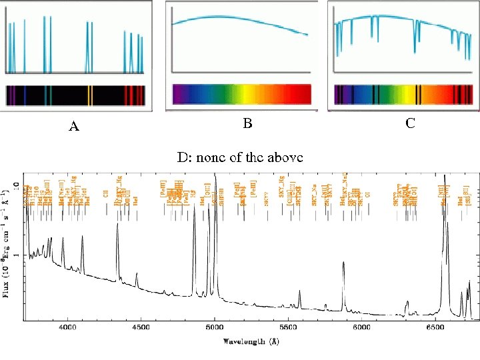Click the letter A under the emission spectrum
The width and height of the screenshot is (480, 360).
click(74, 127)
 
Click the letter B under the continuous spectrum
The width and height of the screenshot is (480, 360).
click(247, 123)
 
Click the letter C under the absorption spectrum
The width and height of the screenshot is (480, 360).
click(410, 123)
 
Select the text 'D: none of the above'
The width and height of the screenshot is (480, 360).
click(239, 157)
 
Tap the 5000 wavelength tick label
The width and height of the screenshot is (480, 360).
click(215, 327)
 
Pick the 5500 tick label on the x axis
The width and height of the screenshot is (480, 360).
click(288, 327)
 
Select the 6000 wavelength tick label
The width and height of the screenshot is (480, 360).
click(361, 327)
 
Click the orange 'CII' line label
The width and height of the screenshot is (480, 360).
click(106, 193)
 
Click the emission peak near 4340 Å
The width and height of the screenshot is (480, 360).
click(118, 225)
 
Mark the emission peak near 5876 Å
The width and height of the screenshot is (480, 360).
click(343, 263)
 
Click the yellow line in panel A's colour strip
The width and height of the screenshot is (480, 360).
click(90, 95)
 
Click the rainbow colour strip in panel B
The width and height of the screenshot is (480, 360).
click(241, 94)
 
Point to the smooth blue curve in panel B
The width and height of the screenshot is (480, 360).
click(240, 20)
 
